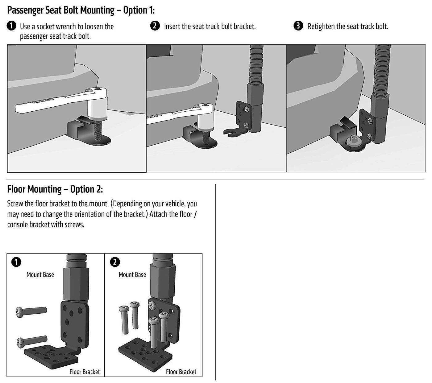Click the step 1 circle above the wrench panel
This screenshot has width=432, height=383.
coord(11,26)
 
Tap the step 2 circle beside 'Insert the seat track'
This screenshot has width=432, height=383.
coord(155,26)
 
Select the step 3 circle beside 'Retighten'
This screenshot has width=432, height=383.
coord(298,26)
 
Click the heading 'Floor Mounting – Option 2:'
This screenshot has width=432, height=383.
coord(55,189)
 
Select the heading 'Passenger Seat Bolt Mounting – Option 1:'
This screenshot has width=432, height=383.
coord(81,10)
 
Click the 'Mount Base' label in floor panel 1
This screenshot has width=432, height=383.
coord(40,274)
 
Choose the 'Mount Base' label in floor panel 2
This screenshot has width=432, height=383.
coord(132,274)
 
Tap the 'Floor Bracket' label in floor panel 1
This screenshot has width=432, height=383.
coord(85,372)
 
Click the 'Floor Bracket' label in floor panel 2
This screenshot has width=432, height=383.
coord(181,372)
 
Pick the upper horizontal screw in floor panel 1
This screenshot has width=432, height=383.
coord(31,311)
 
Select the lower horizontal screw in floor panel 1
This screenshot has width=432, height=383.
coord(32,341)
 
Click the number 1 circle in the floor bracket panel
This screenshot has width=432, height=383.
coord(16,262)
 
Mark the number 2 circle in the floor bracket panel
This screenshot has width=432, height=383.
coord(115,262)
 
